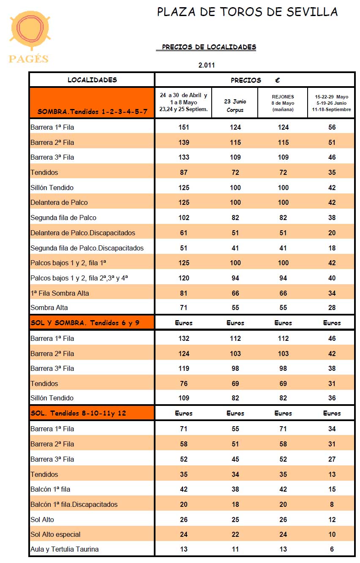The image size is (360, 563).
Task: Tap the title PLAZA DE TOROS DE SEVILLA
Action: coord(247,12)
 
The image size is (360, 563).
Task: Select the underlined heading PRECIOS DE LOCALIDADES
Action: coord(209,47)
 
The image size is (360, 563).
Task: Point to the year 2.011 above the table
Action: coord(207,65)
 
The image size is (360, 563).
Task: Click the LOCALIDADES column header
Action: coord(92,80)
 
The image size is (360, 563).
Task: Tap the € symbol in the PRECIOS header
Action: coord(277,80)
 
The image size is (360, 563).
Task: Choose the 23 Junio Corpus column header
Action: coord(235,106)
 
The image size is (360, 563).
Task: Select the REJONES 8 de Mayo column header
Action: coord(283,103)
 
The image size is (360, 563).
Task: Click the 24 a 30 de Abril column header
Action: coord(183,102)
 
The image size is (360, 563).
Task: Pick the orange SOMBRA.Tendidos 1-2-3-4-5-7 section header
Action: coord(92,112)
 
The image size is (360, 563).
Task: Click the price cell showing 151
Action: coord(184,127)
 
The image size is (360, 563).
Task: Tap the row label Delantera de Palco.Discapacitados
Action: coord(83,233)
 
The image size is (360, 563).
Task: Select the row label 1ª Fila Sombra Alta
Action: coord(60,293)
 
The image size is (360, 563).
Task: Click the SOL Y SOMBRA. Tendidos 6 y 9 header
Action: coord(85,323)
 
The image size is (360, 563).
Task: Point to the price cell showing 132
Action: coord(184,338)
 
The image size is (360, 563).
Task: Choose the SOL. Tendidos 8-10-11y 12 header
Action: coord(78,413)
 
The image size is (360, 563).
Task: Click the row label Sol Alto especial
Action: coord(55,534)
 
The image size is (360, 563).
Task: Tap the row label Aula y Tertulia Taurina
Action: coord(65,549)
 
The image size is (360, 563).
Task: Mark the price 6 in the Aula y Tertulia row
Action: coord(332,549)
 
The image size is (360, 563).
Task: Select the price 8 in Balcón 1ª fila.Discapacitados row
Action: coord(332,504)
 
